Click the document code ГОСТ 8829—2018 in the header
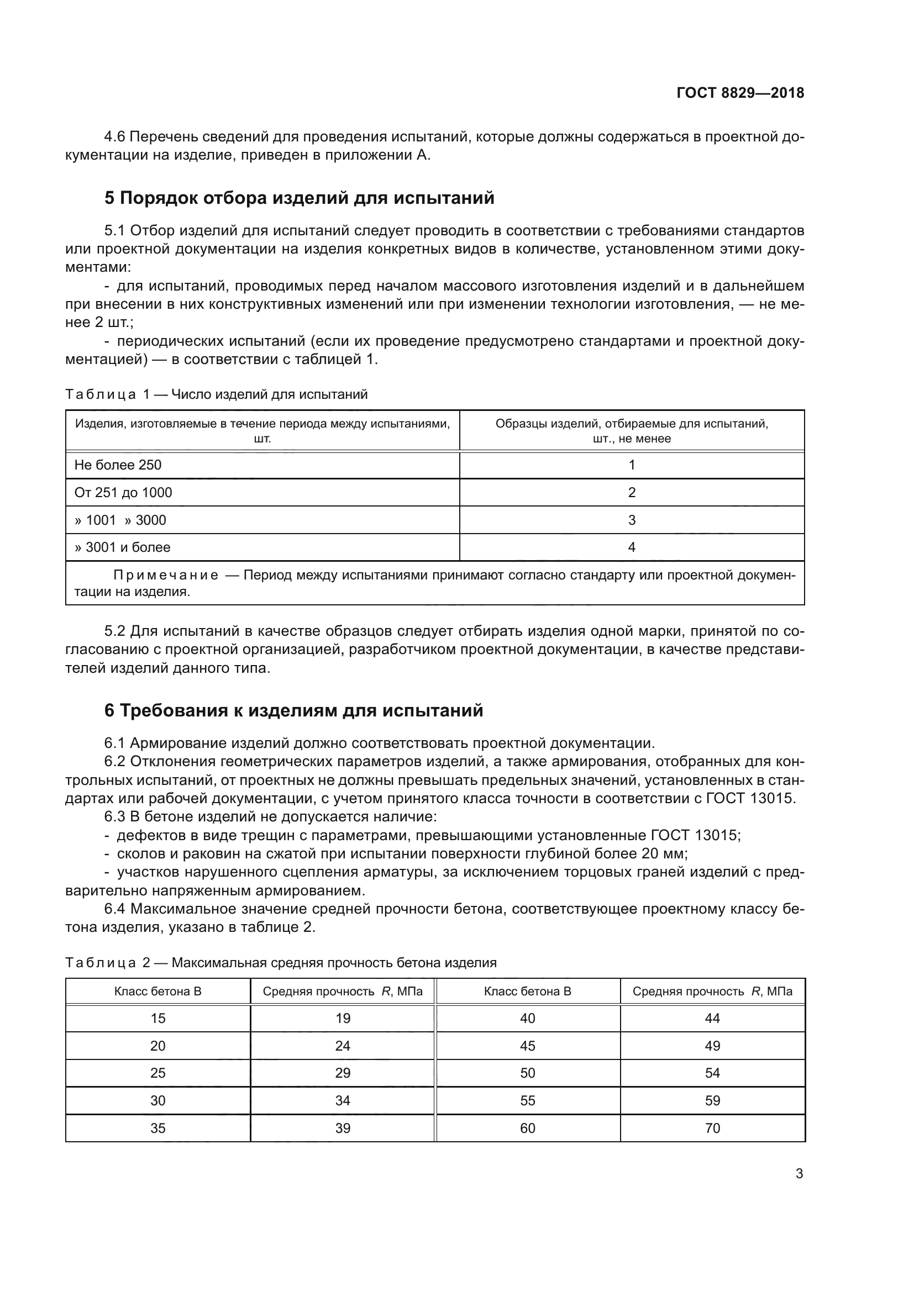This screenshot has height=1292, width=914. click(740, 93)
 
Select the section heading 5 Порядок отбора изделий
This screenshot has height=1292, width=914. click(299, 198)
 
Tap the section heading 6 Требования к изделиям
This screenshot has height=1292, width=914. click(293, 711)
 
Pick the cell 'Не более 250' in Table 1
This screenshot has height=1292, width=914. click(118, 465)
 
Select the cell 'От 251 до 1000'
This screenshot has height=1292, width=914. click(123, 492)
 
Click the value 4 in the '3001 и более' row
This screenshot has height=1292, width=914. click(632, 547)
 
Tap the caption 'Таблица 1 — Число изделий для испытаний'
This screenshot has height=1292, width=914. click(216, 394)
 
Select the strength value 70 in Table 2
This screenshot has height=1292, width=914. click(712, 1128)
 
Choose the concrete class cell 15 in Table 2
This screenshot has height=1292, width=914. click(157, 1018)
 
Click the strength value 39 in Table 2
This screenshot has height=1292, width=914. click(342, 1128)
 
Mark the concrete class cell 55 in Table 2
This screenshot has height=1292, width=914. click(527, 1101)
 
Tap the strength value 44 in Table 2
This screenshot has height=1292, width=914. click(712, 1018)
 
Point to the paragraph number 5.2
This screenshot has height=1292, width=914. click(118, 631)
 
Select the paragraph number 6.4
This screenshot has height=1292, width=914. click(117, 909)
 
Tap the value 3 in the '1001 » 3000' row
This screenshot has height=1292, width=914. click(632, 520)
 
